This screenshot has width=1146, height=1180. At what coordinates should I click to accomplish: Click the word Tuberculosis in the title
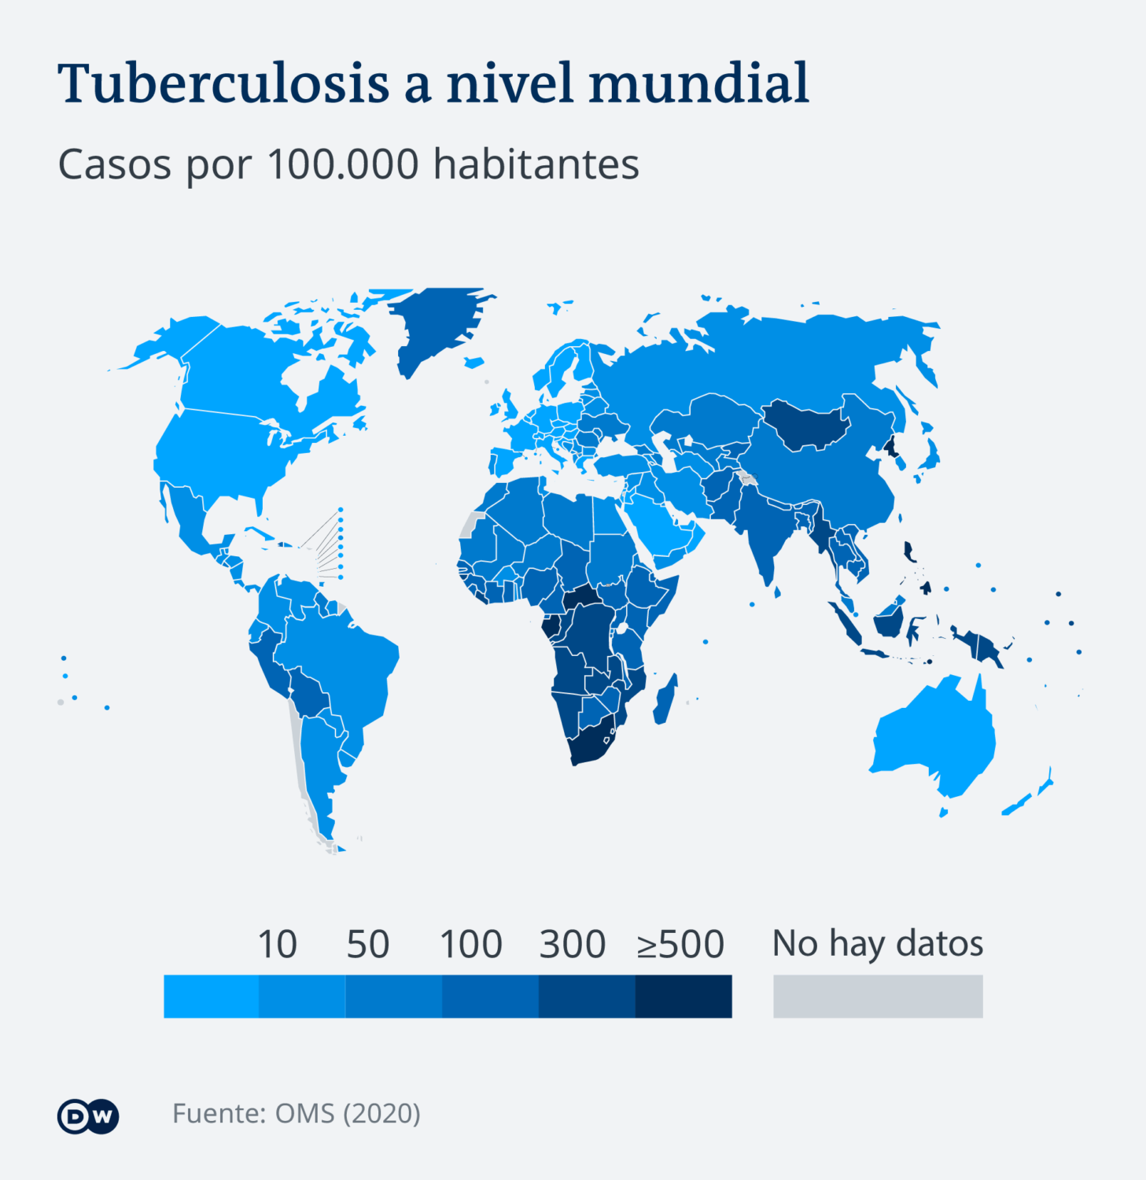223,83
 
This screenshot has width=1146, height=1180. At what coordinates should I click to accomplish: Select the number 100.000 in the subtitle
343,164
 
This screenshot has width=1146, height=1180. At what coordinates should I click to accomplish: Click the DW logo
88,1115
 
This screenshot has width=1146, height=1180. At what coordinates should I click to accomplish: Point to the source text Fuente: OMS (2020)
297,1113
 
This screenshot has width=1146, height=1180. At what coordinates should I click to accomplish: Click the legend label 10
277,944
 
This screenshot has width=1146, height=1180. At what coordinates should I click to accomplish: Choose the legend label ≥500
680,944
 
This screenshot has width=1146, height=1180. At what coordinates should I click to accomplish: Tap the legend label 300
572,944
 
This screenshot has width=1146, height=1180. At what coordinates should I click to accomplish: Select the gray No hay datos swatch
878,996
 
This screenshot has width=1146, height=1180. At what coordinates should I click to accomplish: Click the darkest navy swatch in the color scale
683,996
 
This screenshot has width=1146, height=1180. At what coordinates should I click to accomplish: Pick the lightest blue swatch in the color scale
211,996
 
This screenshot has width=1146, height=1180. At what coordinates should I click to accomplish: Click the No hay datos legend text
878,943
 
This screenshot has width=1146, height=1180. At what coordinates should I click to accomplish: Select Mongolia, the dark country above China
806,425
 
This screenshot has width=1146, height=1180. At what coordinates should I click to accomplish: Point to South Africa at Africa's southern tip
594,747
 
